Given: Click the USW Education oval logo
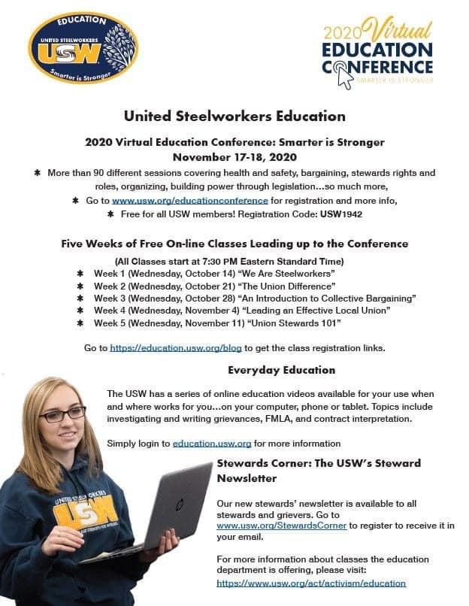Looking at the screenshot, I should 83,47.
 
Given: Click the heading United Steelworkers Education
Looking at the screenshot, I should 234,117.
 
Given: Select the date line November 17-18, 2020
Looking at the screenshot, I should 234,157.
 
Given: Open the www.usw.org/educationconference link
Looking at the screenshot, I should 190,201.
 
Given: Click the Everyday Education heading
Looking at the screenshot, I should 281,370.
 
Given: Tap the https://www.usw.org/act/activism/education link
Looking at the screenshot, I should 311,583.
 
